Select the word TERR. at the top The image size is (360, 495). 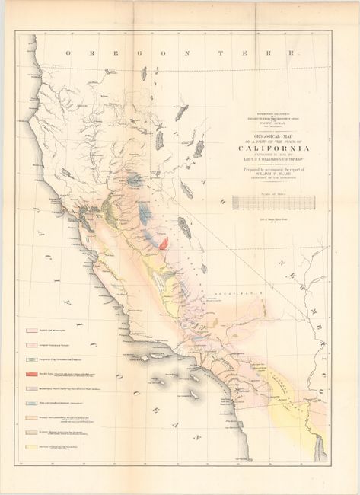[287, 54]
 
